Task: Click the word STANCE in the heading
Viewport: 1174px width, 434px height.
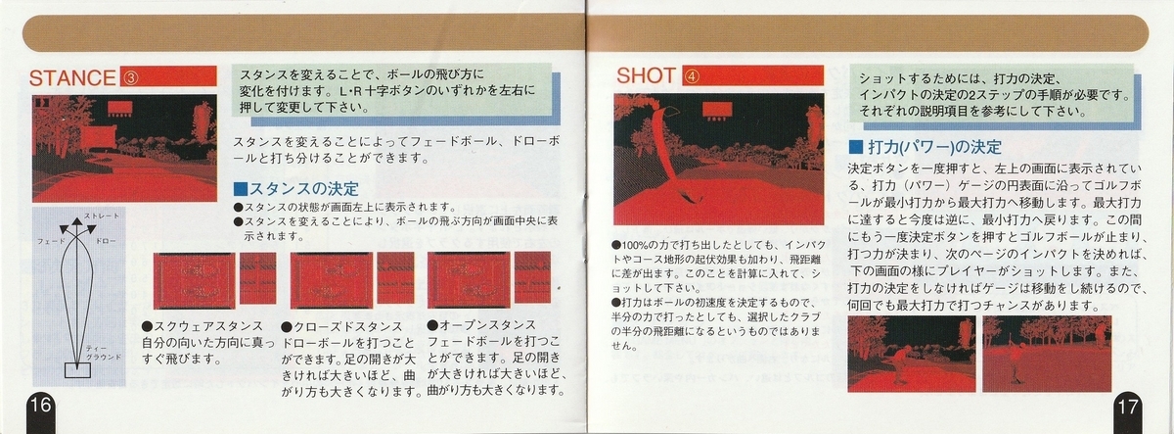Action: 74,78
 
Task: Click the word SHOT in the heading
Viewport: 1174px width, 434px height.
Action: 650,77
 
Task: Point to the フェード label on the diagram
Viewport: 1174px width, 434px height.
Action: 50,239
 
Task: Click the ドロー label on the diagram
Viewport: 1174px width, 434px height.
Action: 109,239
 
